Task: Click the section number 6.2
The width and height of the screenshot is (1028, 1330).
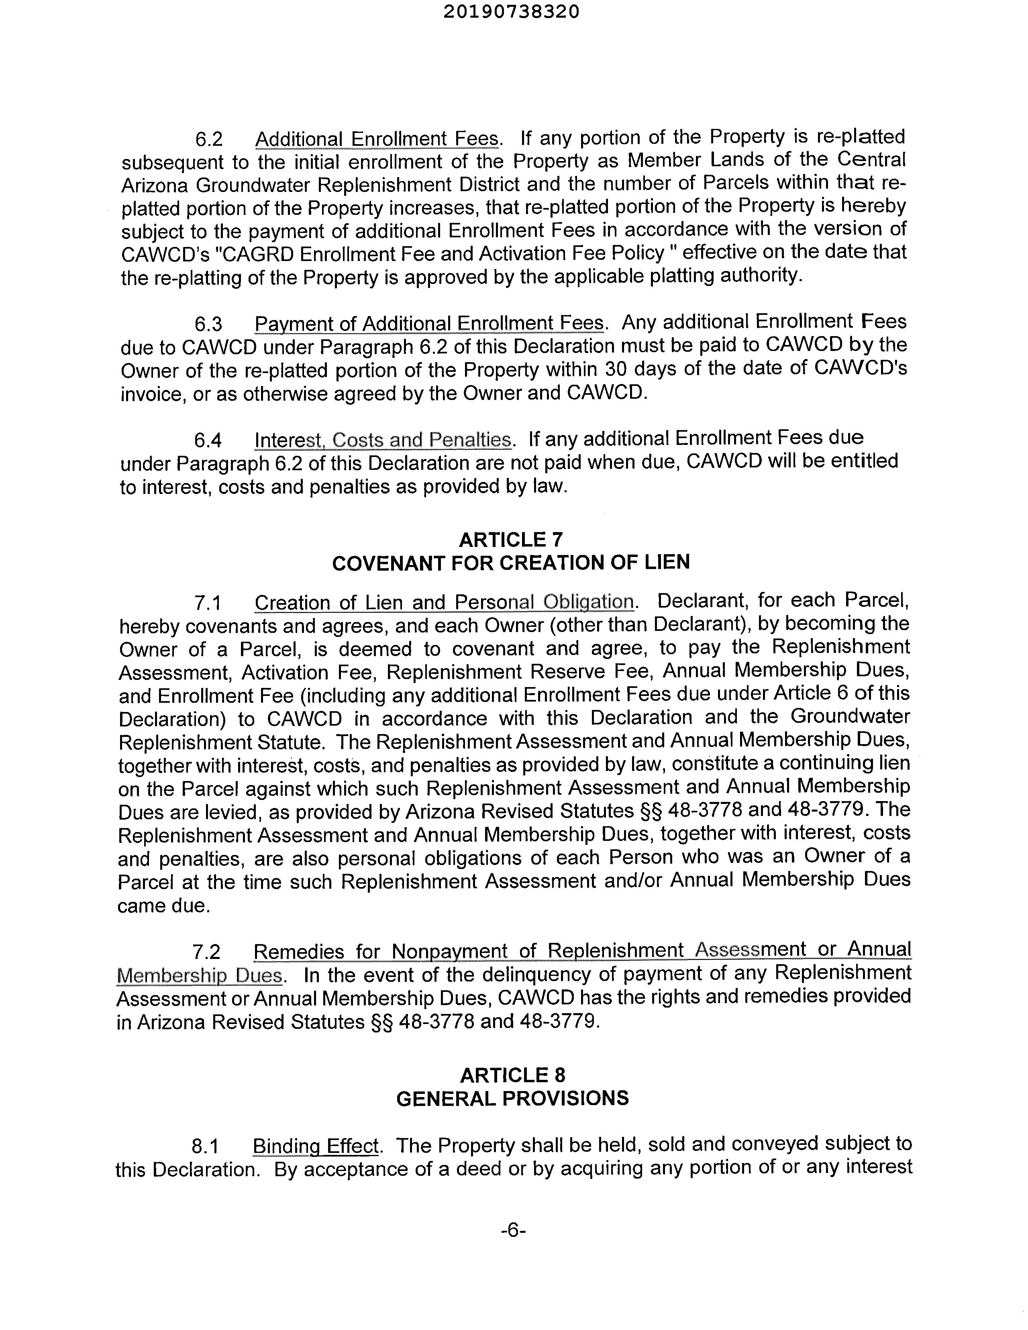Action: coord(209,139)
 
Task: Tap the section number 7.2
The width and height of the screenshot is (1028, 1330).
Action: coord(206,951)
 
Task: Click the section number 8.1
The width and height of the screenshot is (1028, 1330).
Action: coord(205,1147)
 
